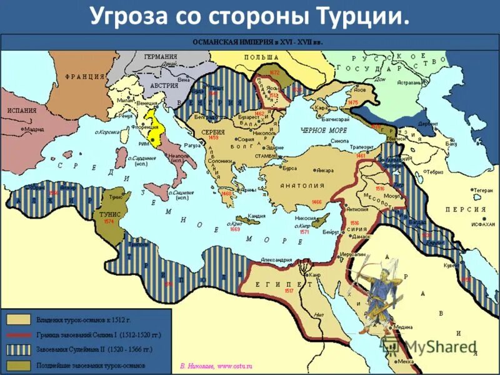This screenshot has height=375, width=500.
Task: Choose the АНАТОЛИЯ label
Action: tap(302, 186)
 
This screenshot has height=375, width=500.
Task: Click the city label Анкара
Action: tap(324, 169)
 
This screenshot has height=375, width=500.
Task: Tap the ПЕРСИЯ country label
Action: tap(465, 209)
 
